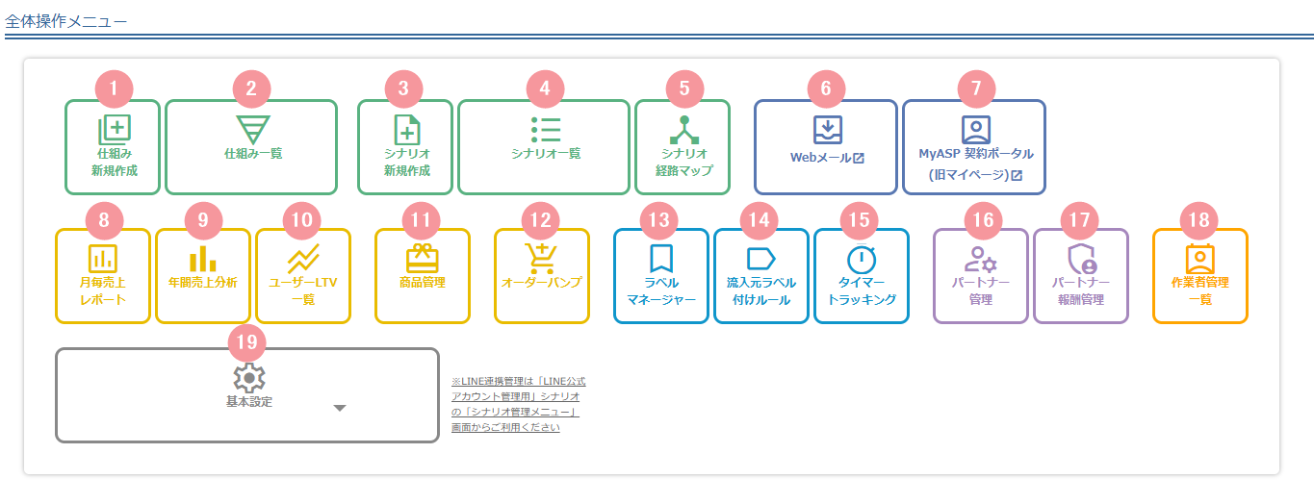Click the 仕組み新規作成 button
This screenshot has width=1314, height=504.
[x=113, y=147]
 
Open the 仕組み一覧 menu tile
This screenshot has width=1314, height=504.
[x=251, y=147]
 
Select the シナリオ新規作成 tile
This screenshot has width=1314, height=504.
[x=405, y=147]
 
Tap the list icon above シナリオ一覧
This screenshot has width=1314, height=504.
[x=546, y=130]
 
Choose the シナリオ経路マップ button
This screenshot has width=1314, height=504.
[x=683, y=147]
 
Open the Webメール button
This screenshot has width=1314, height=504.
[x=826, y=147]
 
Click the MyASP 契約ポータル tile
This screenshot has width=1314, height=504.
[x=974, y=147]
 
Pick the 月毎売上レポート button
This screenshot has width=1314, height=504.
[x=103, y=276]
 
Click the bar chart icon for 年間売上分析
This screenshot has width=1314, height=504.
[x=203, y=259]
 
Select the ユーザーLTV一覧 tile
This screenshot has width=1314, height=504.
[x=303, y=276]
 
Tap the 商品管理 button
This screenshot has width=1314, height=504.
[x=423, y=276]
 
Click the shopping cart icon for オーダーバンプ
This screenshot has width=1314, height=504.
[x=541, y=259]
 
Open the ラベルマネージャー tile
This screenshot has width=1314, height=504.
[x=661, y=276]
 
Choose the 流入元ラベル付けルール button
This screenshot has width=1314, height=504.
[x=761, y=276]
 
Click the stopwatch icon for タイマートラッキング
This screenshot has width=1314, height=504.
[x=862, y=259]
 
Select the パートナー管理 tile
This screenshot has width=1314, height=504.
[x=981, y=276]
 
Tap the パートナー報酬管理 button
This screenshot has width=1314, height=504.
[x=1080, y=276]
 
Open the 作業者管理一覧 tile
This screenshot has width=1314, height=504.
[x=1200, y=276]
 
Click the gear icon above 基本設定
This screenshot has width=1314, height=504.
[x=249, y=378]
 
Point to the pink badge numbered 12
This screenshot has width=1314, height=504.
[x=540, y=220]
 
